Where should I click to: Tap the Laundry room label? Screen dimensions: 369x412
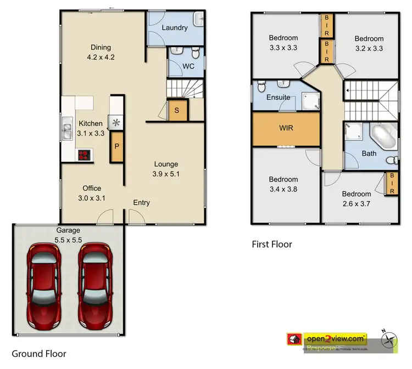click(175, 27)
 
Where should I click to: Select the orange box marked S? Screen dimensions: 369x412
click(176, 110)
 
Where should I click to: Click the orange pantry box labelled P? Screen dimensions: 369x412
click(116, 147)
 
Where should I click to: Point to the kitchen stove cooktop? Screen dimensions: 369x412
click(85, 155)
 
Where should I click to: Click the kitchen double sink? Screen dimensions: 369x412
click(68, 131)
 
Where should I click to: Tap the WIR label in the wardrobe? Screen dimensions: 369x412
click(286, 129)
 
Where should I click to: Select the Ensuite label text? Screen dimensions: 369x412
click(278, 98)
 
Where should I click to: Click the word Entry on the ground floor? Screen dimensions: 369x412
click(141, 203)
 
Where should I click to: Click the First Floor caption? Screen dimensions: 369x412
click(272, 244)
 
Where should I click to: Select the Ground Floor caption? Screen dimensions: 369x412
click(39, 354)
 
